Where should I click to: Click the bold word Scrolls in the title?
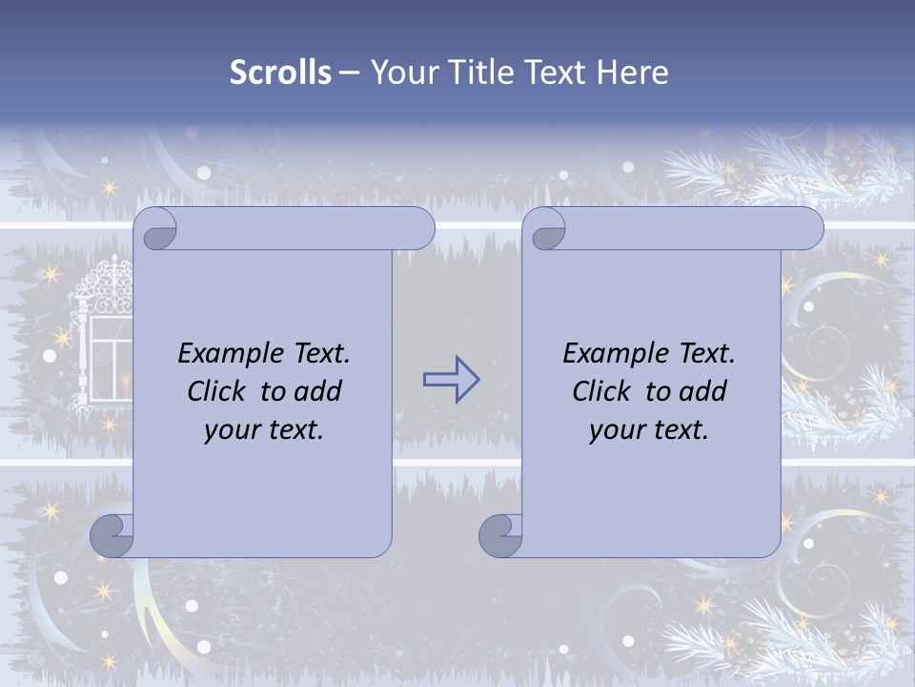280,73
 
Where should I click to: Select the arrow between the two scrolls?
451,380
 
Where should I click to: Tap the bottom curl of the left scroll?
112,537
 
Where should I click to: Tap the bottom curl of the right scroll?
501,537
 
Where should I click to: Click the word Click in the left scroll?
219,391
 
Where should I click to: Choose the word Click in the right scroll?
604,391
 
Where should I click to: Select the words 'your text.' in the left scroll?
264,429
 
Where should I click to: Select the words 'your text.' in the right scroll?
649,429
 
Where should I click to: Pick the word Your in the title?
398,73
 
